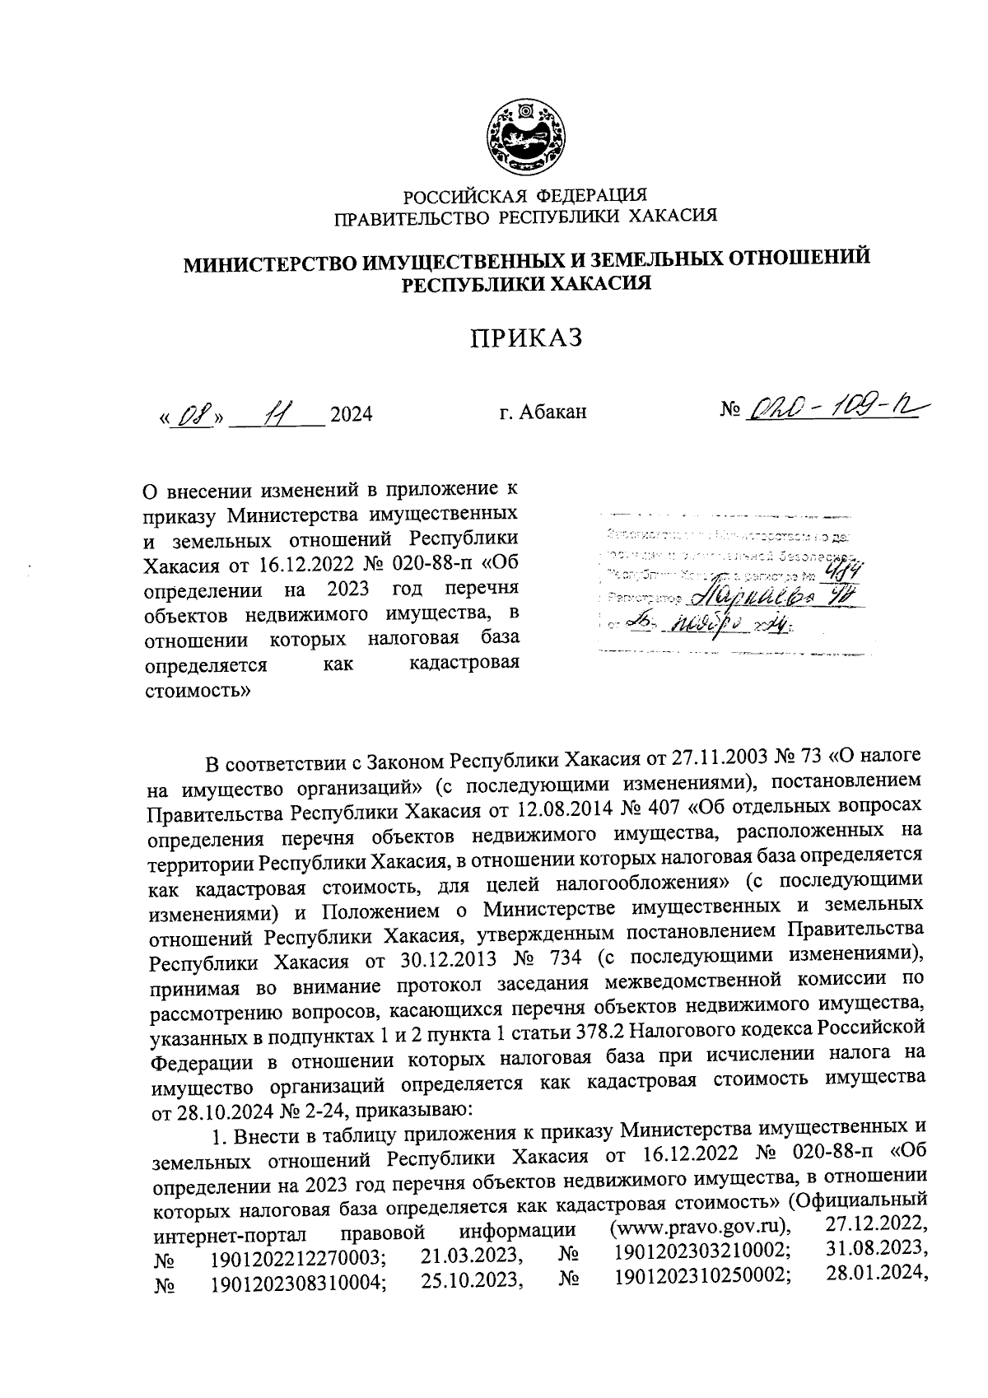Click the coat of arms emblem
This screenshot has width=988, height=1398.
(x=525, y=137)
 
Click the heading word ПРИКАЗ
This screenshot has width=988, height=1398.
(x=526, y=338)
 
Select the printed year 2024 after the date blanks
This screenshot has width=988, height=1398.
(x=351, y=414)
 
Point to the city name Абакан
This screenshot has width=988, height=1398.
(x=554, y=412)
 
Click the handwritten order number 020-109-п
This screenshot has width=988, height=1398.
(x=832, y=408)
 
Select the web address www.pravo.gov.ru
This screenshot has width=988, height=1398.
(x=700, y=1228)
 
